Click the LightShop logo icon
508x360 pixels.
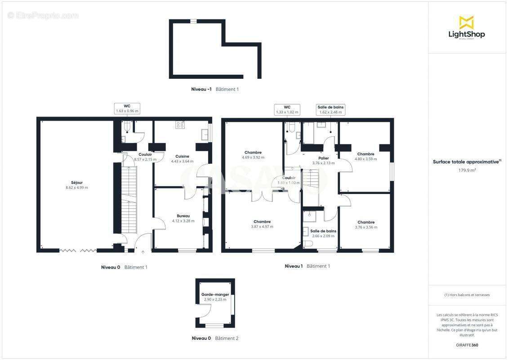pyautogui.click(x=466, y=22)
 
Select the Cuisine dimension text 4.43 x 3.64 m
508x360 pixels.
pyautogui.click(x=182, y=161)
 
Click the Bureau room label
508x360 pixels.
pyautogui.click(x=183, y=216)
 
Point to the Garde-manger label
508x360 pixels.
pyautogui.click(x=215, y=294)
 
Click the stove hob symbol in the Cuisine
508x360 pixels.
pyautogui.click(x=180, y=125)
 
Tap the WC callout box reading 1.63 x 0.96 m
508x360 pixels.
pyautogui.click(x=127, y=108)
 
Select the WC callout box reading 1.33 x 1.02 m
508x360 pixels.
pyautogui.click(x=287, y=109)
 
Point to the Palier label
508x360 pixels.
pyautogui.click(x=323, y=158)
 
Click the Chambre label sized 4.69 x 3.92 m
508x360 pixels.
pyautogui.click(x=253, y=152)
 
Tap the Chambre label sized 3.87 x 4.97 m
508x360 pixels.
pyautogui.click(x=262, y=221)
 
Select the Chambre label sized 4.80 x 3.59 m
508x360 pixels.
pyautogui.click(x=365, y=154)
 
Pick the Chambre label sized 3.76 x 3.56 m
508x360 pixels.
pyautogui.click(x=366, y=222)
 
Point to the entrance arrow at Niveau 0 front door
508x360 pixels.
pyautogui.click(x=143, y=252)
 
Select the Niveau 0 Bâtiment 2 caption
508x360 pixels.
pyautogui.click(x=215, y=338)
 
